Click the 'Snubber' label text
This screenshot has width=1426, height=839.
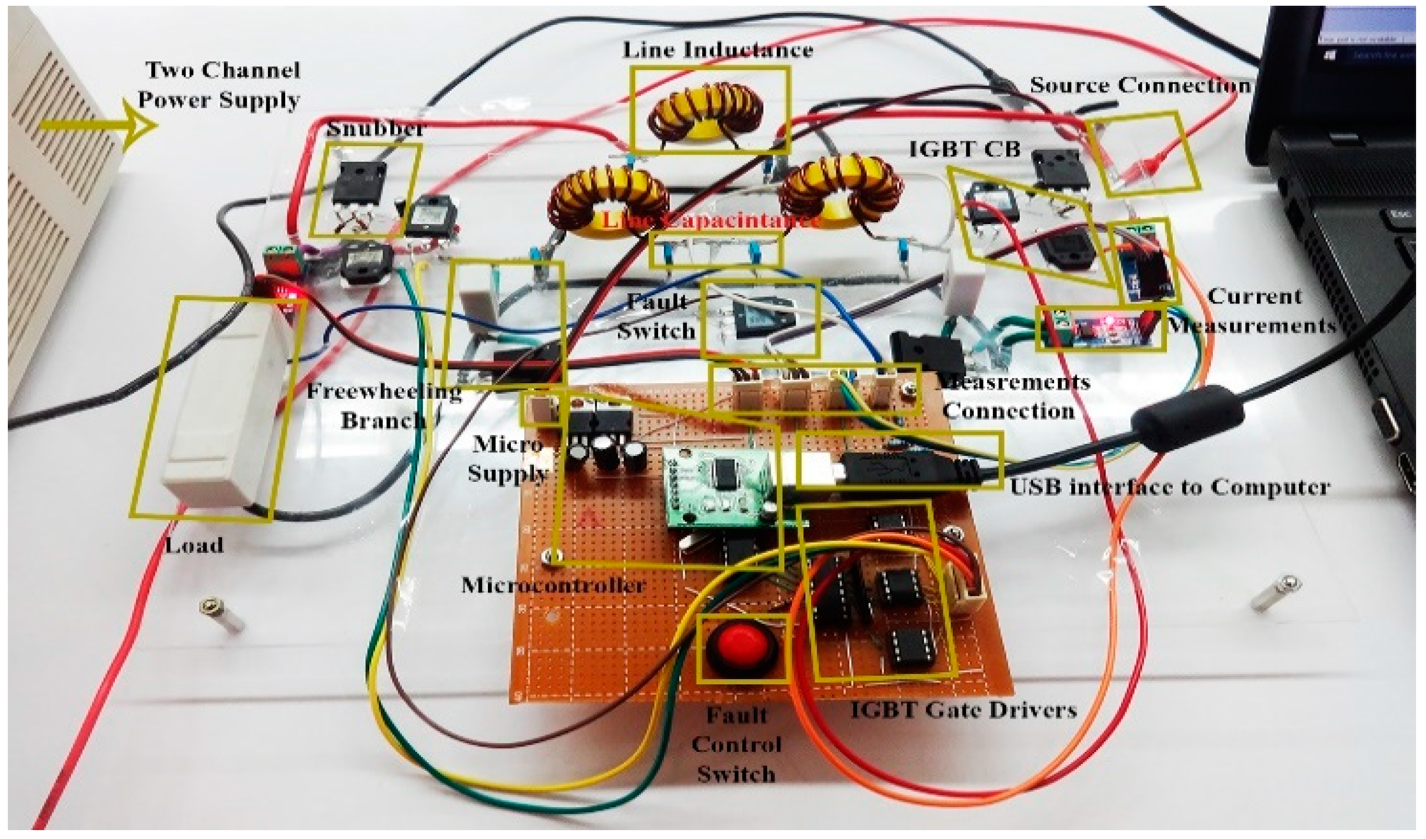pos(375,128)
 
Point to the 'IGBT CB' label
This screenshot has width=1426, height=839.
pos(964,149)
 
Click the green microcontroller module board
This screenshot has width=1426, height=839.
pos(719,483)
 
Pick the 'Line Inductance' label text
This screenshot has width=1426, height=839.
pos(718,50)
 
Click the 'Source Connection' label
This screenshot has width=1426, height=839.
pos(1140,86)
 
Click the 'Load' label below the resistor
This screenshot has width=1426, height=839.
pos(194,546)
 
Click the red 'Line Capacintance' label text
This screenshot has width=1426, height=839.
pos(710,219)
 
